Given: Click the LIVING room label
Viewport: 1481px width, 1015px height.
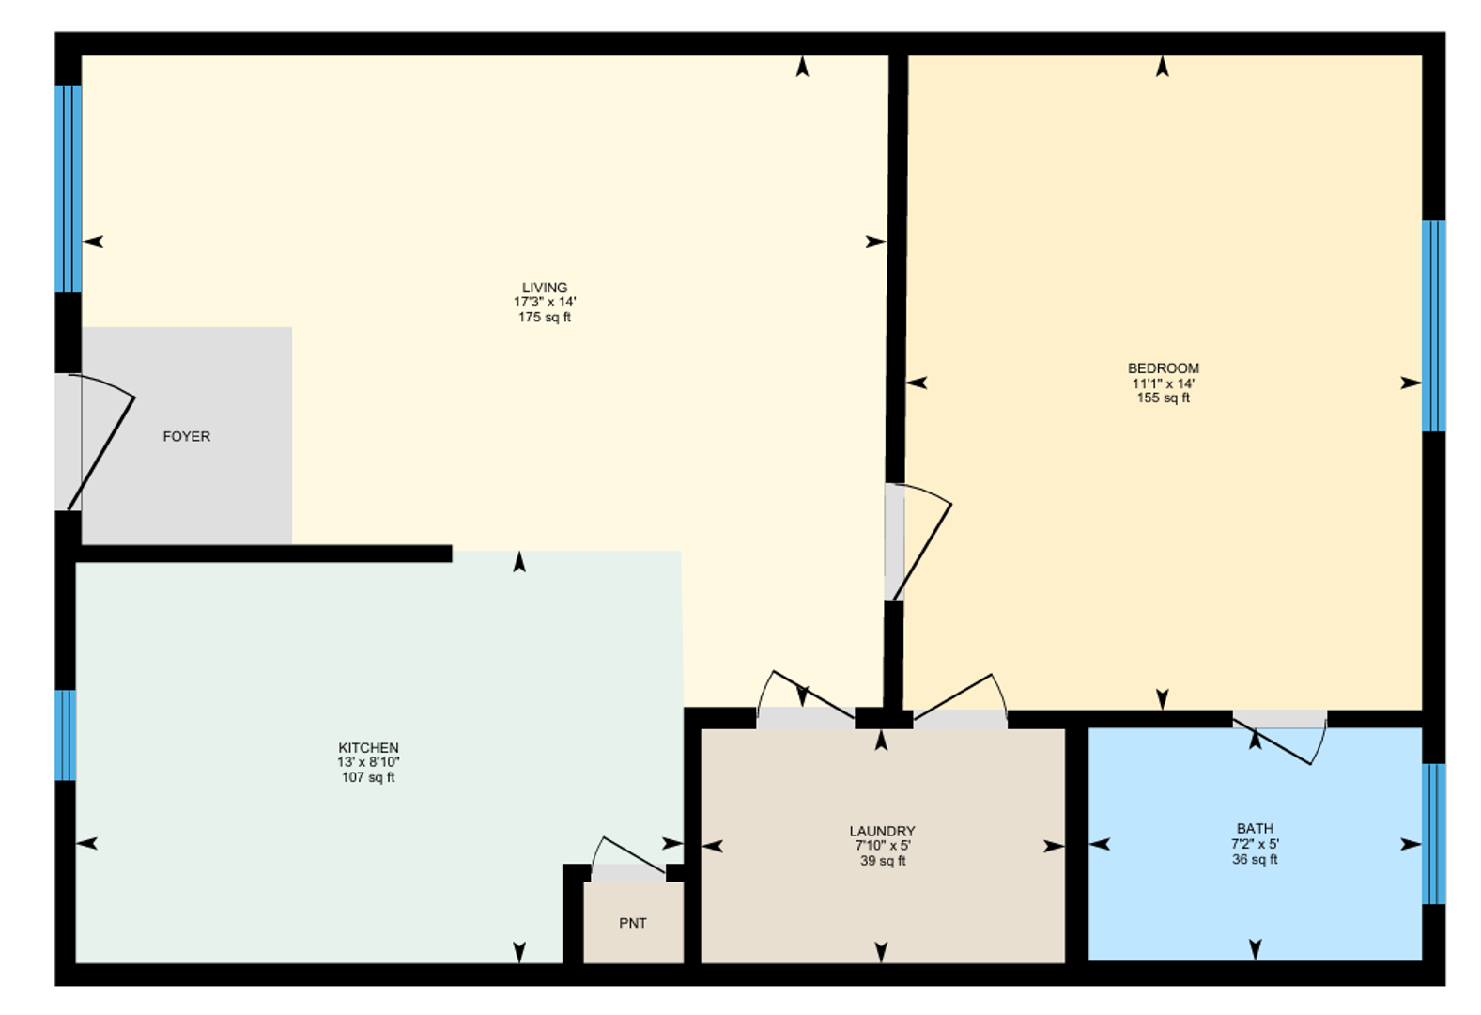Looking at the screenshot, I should pos(545,288).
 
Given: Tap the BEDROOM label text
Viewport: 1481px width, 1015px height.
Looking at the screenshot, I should pos(1163,368).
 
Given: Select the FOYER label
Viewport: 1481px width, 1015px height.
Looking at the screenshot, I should pos(186,436).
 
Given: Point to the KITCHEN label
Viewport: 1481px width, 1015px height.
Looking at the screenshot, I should pos(368,748).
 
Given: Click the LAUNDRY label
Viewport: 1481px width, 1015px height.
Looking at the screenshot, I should pos(882,831).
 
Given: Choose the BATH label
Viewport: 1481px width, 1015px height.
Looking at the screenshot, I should pos(1255,829).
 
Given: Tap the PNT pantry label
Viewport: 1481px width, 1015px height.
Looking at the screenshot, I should pos(633,923).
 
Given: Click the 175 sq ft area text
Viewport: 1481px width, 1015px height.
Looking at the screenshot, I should pos(545,318).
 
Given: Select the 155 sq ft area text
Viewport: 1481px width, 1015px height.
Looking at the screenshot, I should pos(1163,398).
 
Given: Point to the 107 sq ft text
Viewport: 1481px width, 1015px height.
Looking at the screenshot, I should pos(368,778).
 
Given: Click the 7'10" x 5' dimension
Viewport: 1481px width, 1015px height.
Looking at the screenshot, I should pos(882,846).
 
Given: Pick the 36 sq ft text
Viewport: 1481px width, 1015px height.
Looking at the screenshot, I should pos(1255,859).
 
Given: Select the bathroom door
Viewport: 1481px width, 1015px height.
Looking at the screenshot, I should pos(1279,739).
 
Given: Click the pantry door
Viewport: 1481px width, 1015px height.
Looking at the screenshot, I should pos(631,857).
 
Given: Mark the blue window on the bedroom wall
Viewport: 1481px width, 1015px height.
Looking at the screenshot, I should pos(1433,325).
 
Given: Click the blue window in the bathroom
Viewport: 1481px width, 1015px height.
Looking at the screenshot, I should pos(1433,834).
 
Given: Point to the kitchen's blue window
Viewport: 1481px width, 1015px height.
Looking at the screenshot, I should pos(65,735).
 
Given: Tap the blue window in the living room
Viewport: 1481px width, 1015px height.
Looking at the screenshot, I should pos(68,189).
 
